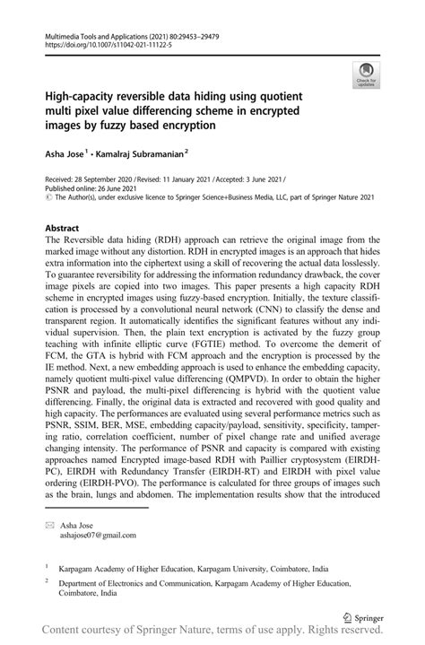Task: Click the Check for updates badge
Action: click(x=365, y=74)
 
